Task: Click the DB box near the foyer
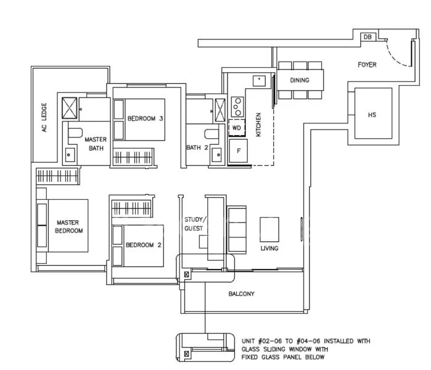pos(367,38)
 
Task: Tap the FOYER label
pos(367,65)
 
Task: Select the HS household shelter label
pos(372,115)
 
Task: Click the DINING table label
pos(300,80)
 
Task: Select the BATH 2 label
pos(197,147)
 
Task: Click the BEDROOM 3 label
pos(145,118)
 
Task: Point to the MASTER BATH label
pos(96,144)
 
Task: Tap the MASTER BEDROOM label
pos(69,226)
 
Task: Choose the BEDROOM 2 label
pos(143,245)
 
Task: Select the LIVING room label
pos(269,249)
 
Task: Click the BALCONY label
pos(241,294)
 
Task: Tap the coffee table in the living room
pos(269,229)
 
